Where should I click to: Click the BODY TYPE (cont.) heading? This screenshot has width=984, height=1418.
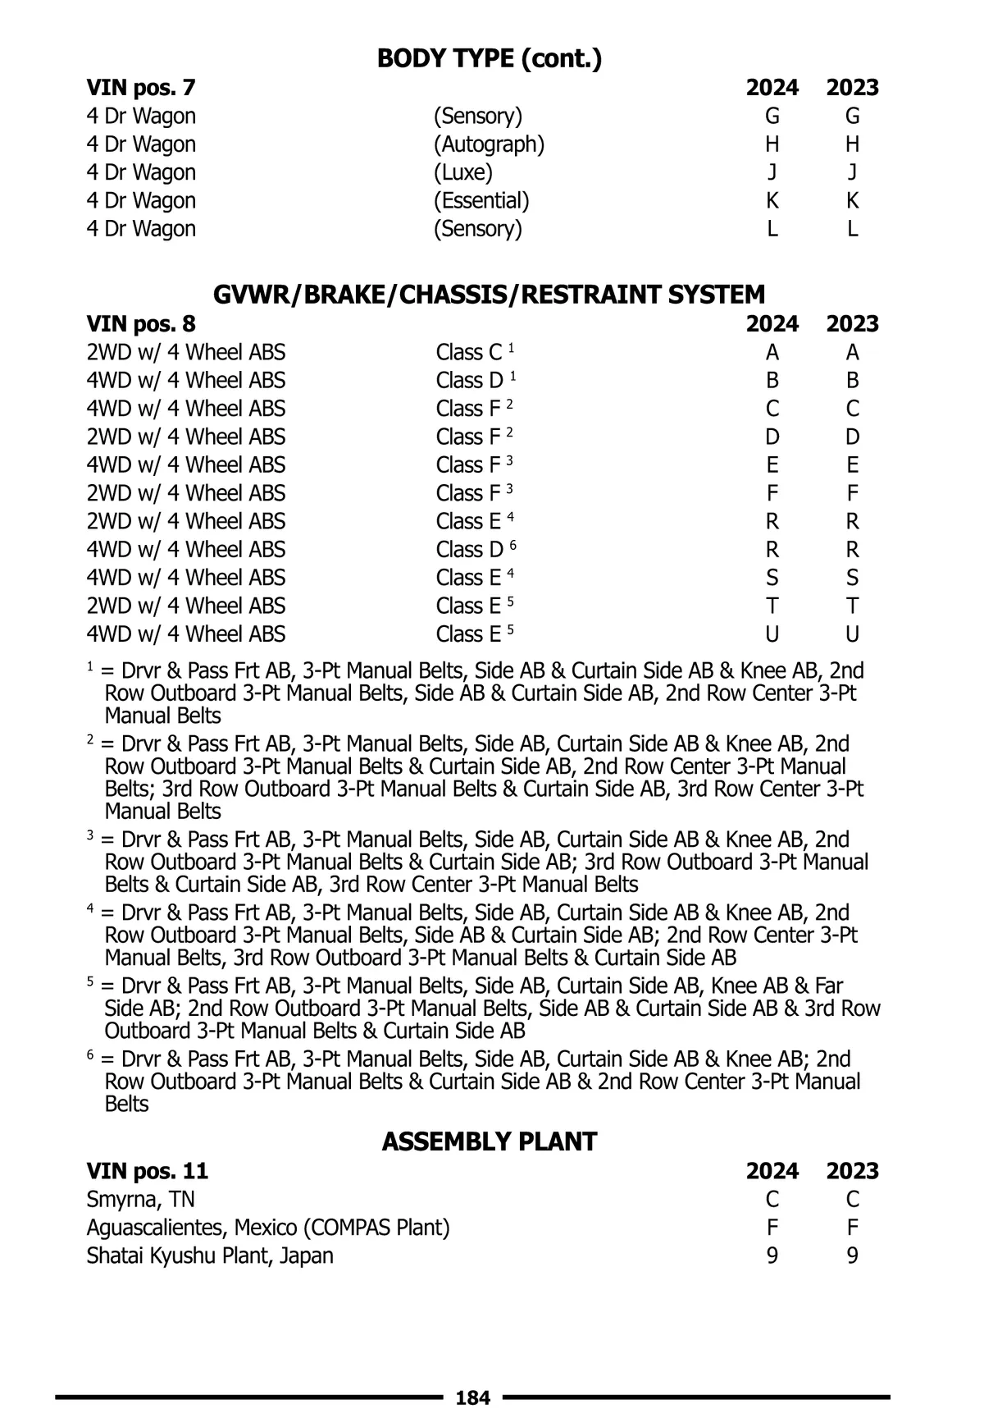coord(490,59)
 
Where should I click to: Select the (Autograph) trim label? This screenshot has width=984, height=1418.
coord(489,144)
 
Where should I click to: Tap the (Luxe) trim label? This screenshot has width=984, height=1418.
coord(463,172)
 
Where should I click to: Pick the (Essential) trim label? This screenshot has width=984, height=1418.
coord(481,200)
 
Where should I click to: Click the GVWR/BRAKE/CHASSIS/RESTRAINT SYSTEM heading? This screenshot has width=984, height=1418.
coord(490,295)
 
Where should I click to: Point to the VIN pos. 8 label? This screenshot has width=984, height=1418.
coord(141,324)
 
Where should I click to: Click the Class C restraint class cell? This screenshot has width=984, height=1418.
coord(475,353)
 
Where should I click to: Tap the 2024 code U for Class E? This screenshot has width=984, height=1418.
coord(772,634)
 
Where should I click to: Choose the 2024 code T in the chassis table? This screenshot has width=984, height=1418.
coord(772,606)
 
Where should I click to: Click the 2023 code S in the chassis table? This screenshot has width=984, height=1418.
coord(852,578)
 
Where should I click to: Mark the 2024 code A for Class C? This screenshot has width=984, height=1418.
coord(772,353)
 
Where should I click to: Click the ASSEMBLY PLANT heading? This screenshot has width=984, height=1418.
coord(490,1141)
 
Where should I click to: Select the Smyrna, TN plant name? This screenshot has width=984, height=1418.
coord(140,1200)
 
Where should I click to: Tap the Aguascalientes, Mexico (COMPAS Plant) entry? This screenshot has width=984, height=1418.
coord(268,1228)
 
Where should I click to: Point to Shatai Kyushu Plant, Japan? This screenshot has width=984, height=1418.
coord(210,1256)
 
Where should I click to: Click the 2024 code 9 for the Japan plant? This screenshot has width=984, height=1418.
coord(772,1256)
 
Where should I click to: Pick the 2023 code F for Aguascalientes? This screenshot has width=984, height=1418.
coord(852,1228)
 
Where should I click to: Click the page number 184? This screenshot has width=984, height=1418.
coord(472,1397)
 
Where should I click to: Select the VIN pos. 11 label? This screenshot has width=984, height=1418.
coord(148,1171)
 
